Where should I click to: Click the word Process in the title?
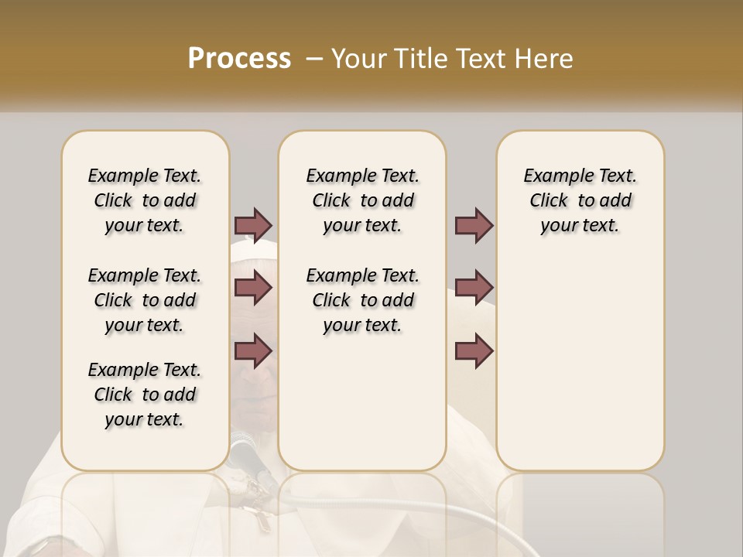239,58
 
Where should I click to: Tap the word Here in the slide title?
545,58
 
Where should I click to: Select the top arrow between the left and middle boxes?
253,225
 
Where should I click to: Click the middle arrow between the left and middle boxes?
253,288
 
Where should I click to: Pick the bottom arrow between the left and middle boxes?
253,350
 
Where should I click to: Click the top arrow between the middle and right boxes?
474,225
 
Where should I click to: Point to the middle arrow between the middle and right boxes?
474,288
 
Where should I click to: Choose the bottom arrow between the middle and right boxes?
474,350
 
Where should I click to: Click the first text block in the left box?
145,200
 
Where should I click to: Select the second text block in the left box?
145,300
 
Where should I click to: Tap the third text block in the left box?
145,395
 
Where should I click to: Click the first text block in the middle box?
362,200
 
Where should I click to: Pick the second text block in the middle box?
362,300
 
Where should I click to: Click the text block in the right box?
580,200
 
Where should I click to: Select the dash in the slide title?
313,58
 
